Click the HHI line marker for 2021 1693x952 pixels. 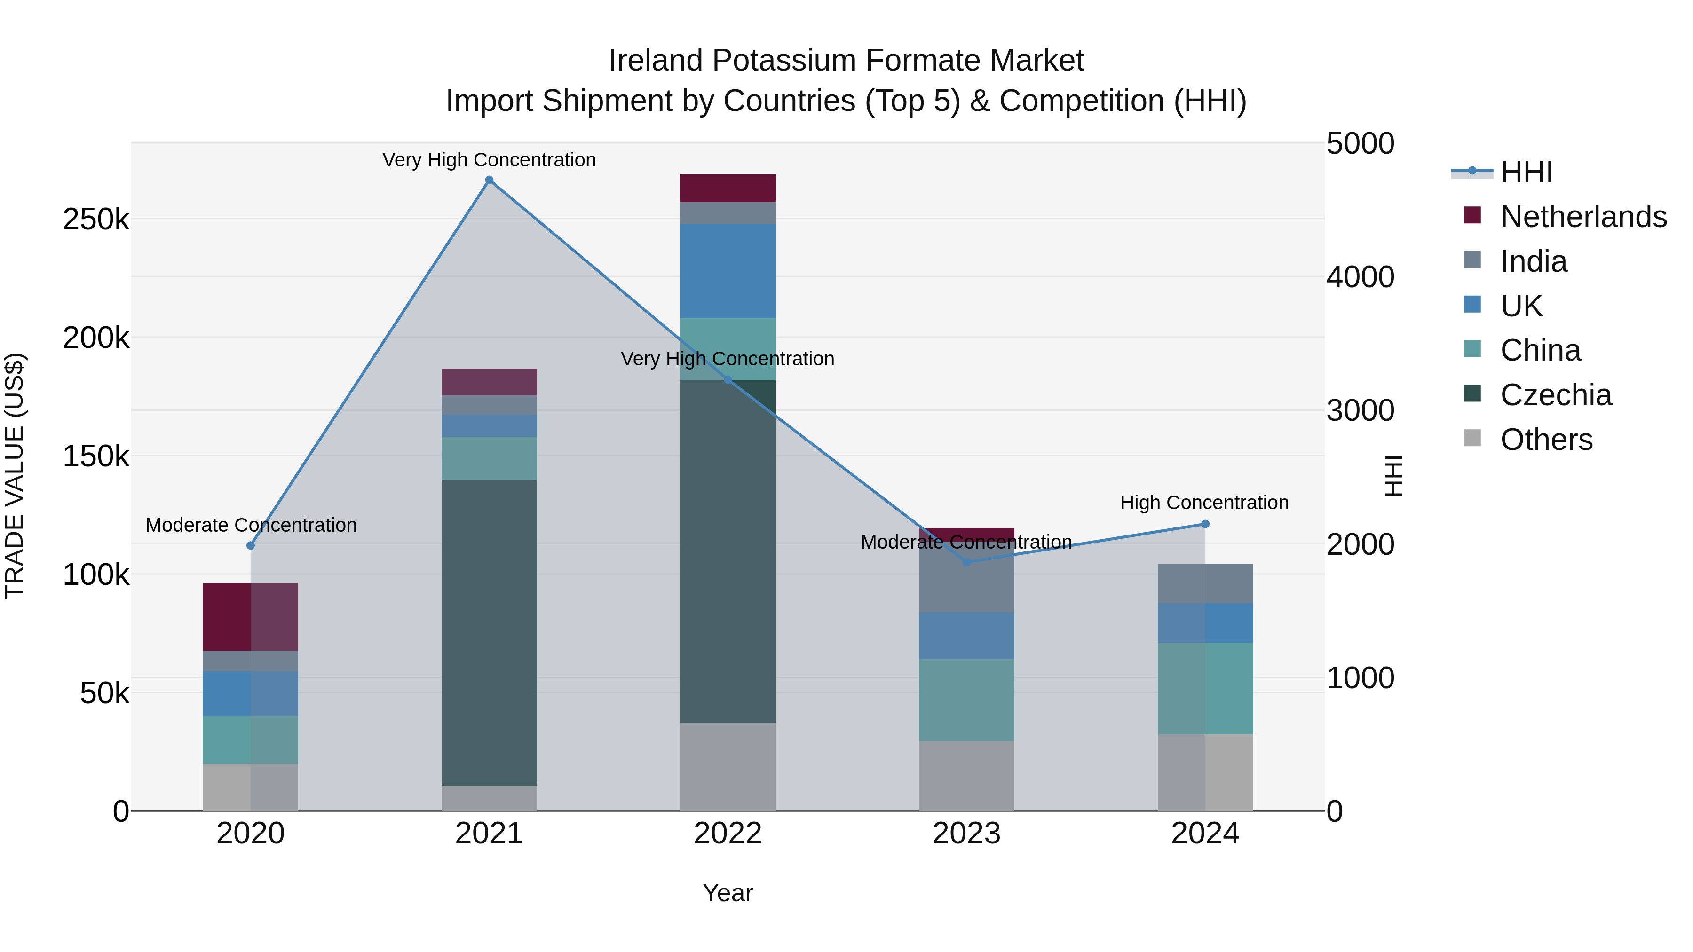(489, 180)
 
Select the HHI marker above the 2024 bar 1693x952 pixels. (1205, 524)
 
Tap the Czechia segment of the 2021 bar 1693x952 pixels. (489, 631)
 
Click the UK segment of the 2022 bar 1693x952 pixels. (728, 271)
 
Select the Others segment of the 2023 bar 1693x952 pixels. (966, 775)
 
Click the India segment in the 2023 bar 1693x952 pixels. (966, 578)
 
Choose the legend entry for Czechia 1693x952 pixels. (1556, 395)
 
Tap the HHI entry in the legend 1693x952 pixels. (1526, 172)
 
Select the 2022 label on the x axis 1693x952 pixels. (728, 834)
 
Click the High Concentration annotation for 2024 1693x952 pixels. (1204, 503)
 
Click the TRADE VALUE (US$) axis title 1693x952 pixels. (15, 476)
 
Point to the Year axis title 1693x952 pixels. (728, 893)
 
